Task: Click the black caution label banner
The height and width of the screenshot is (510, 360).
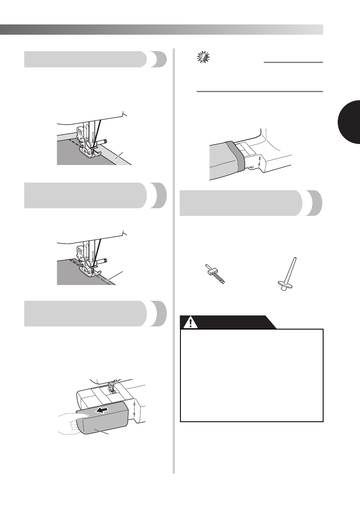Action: click(x=227, y=323)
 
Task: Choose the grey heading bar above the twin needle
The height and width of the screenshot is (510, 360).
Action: click(x=251, y=204)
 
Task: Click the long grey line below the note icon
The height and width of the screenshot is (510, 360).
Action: click(x=259, y=91)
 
